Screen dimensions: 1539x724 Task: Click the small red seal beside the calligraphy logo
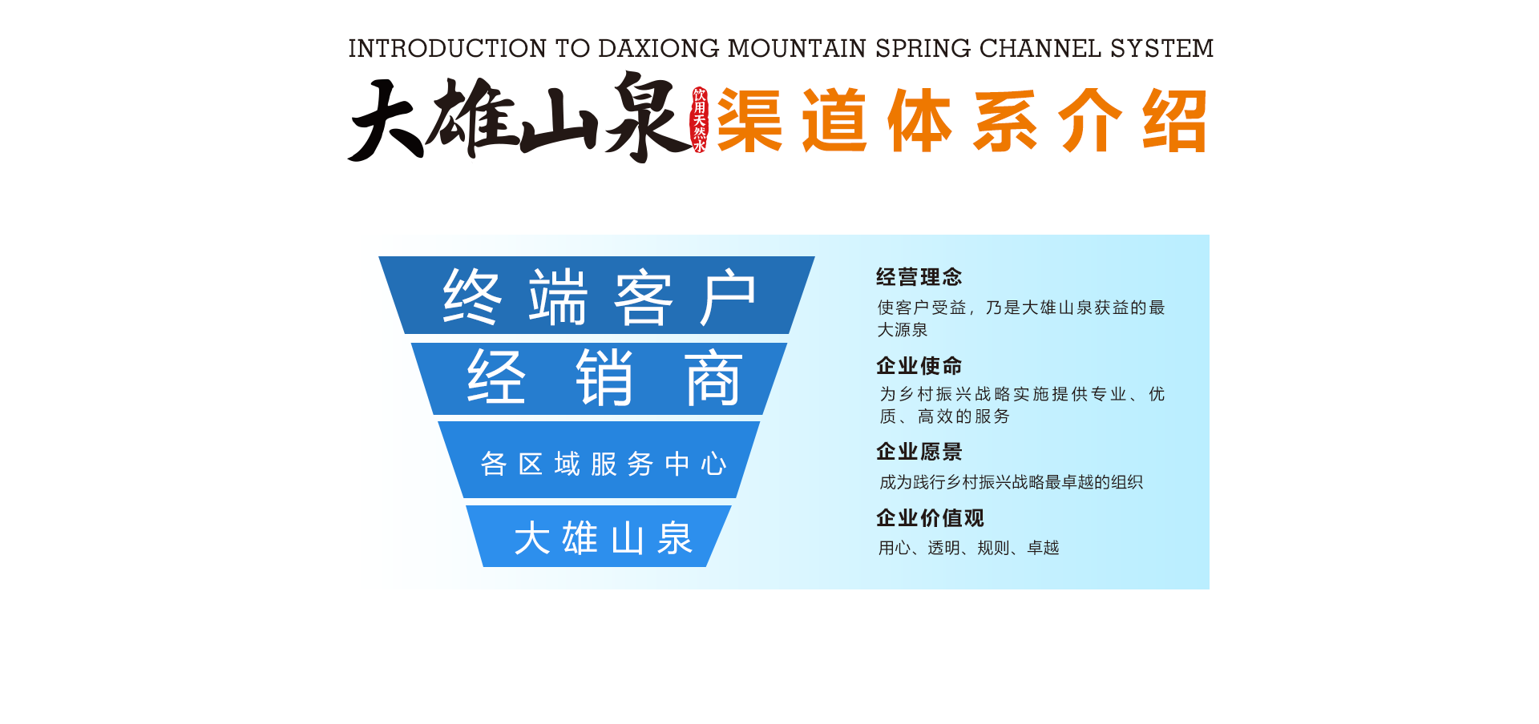(x=700, y=120)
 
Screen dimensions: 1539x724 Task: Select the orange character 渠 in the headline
(x=750, y=120)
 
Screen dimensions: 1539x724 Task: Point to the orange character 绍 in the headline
(x=1175, y=120)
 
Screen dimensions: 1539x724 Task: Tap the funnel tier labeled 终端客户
(x=596, y=295)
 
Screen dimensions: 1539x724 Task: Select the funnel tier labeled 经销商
(x=599, y=379)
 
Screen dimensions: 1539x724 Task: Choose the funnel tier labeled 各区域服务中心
(x=599, y=460)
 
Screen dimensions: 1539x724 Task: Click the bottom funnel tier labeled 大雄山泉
(x=599, y=536)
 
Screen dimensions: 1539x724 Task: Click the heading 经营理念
(x=919, y=277)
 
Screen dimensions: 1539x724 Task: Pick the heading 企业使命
(x=919, y=366)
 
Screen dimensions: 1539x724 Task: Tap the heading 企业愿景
(x=919, y=452)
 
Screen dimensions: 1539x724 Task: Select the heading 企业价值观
(x=930, y=518)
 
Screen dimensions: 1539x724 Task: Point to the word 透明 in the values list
(x=943, y=548)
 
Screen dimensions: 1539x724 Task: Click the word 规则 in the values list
(x=993, y=548)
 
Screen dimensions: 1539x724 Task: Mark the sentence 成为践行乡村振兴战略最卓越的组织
(x=1012, y=482)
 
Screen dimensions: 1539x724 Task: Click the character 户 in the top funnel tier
(x=728, y=297)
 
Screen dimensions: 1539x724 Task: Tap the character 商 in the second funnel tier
(x=713, y=379)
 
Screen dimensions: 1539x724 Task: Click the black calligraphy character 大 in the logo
(x=386, y=120)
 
